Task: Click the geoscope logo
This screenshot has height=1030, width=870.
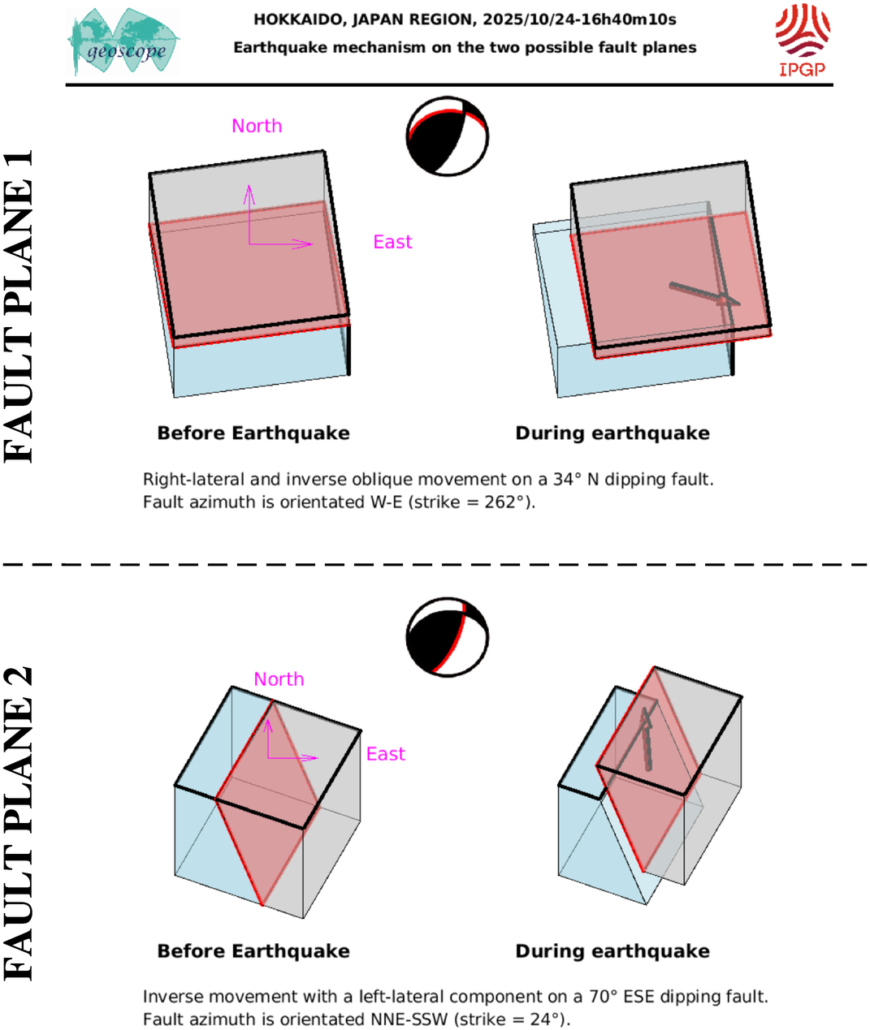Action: [x=124, y=42]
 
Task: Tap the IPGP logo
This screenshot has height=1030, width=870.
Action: [x=802, y=41]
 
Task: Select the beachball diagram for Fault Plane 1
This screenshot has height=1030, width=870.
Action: [x=447, y=136]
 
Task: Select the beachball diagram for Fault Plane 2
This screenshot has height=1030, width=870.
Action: [x=447, y=638]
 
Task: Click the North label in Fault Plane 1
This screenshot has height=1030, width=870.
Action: [x=257, y=126]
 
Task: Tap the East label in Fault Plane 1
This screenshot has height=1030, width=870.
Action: [x=392, y=242]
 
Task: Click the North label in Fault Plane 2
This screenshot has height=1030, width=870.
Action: [x=279, y=679]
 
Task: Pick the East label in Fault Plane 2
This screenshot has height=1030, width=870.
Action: [x=385, y=754]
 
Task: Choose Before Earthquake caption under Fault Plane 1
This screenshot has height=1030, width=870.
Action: [x=253, y=433]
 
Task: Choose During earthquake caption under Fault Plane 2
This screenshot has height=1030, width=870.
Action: [x=612, y=951]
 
